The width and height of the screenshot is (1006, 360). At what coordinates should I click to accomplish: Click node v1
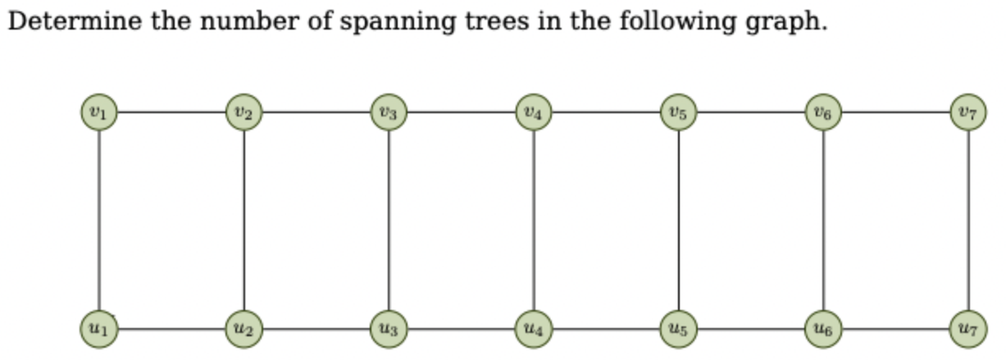coord(99,112)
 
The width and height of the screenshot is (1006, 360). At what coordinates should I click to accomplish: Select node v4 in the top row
coord(534,112)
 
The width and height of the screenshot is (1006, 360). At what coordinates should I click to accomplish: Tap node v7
coord(969,112)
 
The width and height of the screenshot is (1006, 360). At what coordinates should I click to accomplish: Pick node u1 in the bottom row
coord(99,330)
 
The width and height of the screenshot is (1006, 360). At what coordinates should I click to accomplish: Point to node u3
coord(389,330)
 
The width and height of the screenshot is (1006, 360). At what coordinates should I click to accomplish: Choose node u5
coord(679,330)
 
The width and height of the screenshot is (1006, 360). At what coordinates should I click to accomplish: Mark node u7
coord(969,330)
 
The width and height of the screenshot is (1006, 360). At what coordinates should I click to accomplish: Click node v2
coord(244,112)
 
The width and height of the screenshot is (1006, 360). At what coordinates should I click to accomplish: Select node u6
coord(824,330)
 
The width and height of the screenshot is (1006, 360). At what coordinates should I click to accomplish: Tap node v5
coord(679,112)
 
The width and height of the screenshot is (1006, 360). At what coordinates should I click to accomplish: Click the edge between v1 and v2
coord(171,112)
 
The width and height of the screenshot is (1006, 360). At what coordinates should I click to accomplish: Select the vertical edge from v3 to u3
coord(389,221)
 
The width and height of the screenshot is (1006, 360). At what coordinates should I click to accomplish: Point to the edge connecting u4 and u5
coord(606,330)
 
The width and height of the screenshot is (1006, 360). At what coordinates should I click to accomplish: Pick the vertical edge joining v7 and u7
coord(969,221)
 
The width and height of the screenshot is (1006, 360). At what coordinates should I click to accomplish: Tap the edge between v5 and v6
coord(751,112)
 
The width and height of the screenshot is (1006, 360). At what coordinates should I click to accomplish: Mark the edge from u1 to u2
coord(171,330)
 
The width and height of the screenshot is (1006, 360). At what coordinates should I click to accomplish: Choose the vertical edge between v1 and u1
coord(99,221)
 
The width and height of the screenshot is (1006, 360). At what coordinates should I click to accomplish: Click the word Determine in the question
coord(75,21)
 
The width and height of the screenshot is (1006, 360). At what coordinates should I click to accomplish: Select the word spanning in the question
coord(398,22)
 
